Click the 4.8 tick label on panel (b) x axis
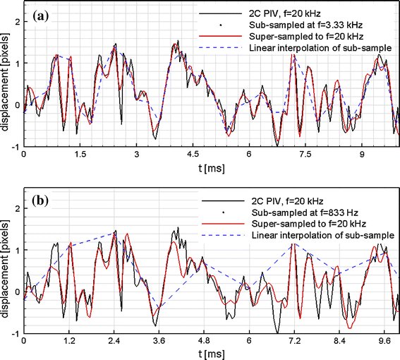[200, 340]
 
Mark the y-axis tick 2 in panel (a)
[17, 22]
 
